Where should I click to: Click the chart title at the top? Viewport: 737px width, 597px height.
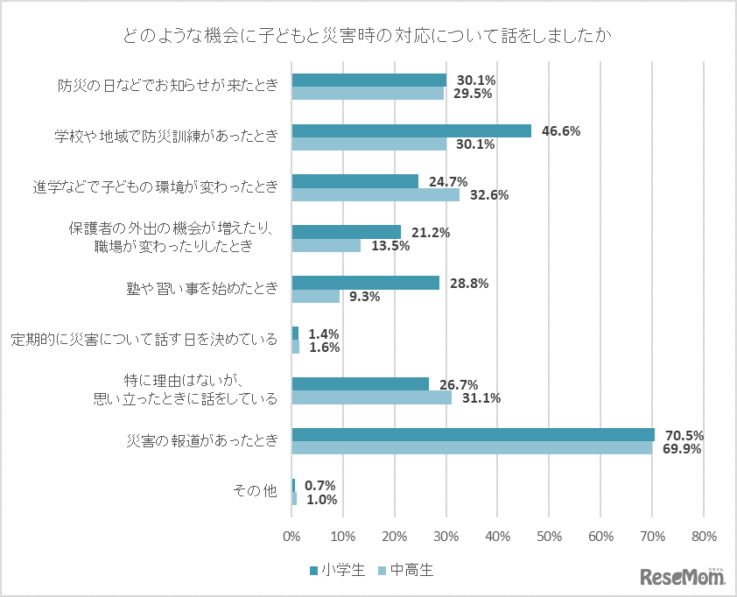(368, 36)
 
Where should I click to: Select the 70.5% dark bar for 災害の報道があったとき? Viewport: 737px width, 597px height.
(473, 434)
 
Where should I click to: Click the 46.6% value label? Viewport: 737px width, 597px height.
(561, 131)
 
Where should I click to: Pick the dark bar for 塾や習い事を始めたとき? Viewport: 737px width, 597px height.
(365, 283)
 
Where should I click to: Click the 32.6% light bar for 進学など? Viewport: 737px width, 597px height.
(375, 195)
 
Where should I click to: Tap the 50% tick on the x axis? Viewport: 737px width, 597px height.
(549, 536)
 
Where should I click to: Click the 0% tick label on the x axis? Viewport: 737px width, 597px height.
(291, 536)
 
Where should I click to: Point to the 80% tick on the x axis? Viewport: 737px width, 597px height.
(704, 536)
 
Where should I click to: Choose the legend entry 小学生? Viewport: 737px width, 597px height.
(336, 571)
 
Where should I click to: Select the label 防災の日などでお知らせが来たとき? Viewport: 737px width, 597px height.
(167, 86)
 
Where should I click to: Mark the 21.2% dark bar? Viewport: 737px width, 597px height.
(346, 232)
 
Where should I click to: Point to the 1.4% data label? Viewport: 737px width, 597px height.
(323, 334)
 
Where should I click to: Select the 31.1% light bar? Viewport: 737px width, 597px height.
(371, 397)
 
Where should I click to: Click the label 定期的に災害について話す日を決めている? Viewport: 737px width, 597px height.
(144, 340)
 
